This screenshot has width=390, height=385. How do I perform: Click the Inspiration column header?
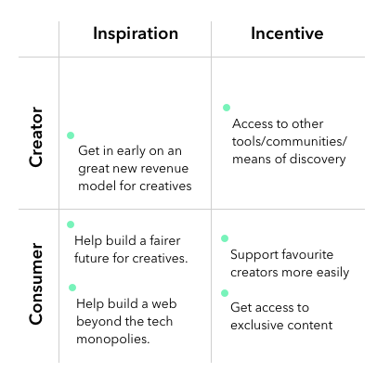click(x=136, y=33)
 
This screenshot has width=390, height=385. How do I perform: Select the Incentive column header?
click(x=287, y=33)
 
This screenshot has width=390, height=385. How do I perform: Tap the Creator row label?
click(x=36, y=137)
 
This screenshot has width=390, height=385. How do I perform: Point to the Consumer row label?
click(x=36, y=284)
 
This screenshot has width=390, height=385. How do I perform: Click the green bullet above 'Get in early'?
click(x=71, y=135)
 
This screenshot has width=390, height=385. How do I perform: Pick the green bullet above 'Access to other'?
click(x=227, y=108)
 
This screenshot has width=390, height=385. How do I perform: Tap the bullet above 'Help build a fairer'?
click(x=71, y=225)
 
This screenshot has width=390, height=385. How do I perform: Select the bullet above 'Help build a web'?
click(x=72, y=288)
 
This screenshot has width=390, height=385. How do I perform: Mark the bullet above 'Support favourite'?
click(x=225, y=238)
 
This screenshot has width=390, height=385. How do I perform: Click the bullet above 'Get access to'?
click(x=225, y=293)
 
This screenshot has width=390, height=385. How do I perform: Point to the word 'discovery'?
click(x=318, y=160)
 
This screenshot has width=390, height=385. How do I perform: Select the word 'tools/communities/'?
click(x=290, y=142)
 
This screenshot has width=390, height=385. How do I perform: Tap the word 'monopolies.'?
click(x=113, y=340)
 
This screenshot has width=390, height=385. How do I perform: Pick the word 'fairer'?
click(x=165, y=240)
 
